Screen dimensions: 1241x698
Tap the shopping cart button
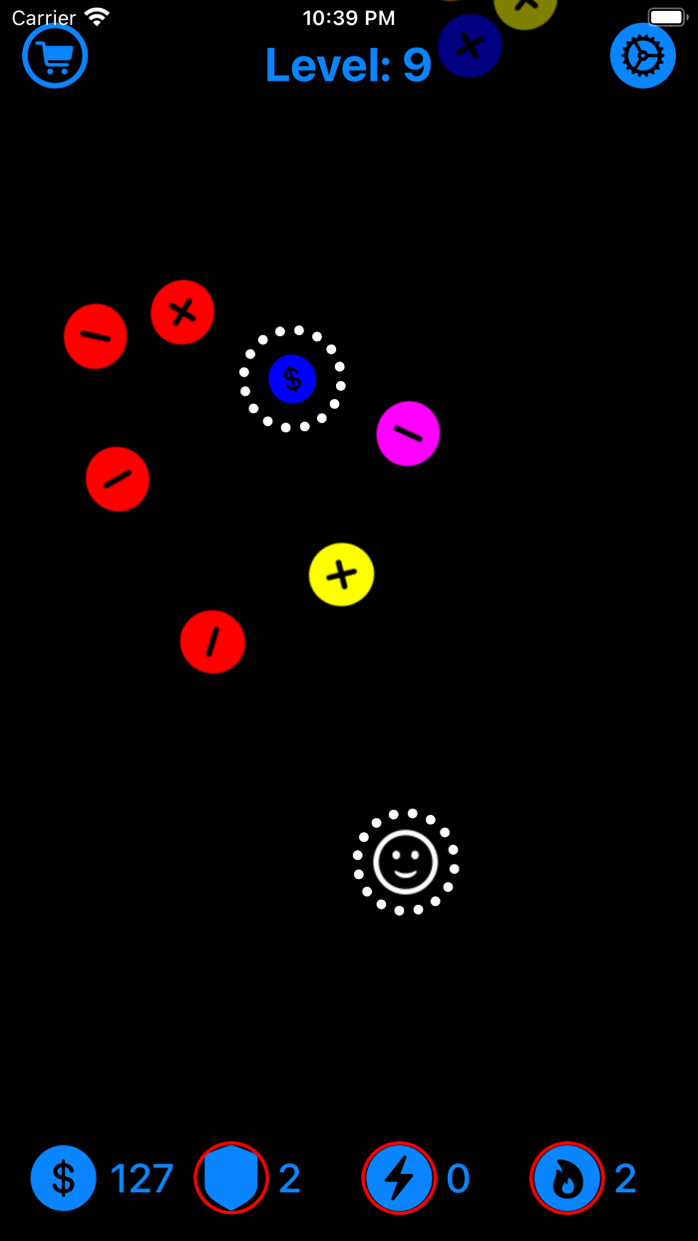[x=55, y=56]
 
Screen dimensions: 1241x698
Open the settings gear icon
[x=642, y=56]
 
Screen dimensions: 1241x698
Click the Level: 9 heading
[x=347, y=65]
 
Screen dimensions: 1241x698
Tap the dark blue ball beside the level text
[x=470, y=46]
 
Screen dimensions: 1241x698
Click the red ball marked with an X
[x=182, y=312]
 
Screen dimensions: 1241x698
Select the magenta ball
[x=408, y=433]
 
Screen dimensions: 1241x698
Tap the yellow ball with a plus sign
[x=341, y=575]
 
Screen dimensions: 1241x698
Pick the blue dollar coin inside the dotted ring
[x=292, y=379]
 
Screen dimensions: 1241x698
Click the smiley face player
[x=406, y=862]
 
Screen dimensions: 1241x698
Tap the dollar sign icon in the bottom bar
[x=63, y=1178]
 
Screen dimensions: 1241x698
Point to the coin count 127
[x=142, y=1179]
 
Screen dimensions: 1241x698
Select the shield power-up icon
[x=231, y=1178]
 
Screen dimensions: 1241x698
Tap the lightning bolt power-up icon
[x=399, y=1178]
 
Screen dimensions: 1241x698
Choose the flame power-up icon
[x=567, y=1178]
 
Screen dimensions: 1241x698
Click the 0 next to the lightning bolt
[x=458, y=1179]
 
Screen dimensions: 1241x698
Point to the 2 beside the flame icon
[x=625, y=1179]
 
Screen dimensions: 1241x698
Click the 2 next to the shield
[x=289, y=1179]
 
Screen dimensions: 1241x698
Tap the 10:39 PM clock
[x=348, y=17]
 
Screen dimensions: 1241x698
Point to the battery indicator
[x=667, y=17]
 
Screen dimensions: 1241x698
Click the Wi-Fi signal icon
[x=97, y=17]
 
